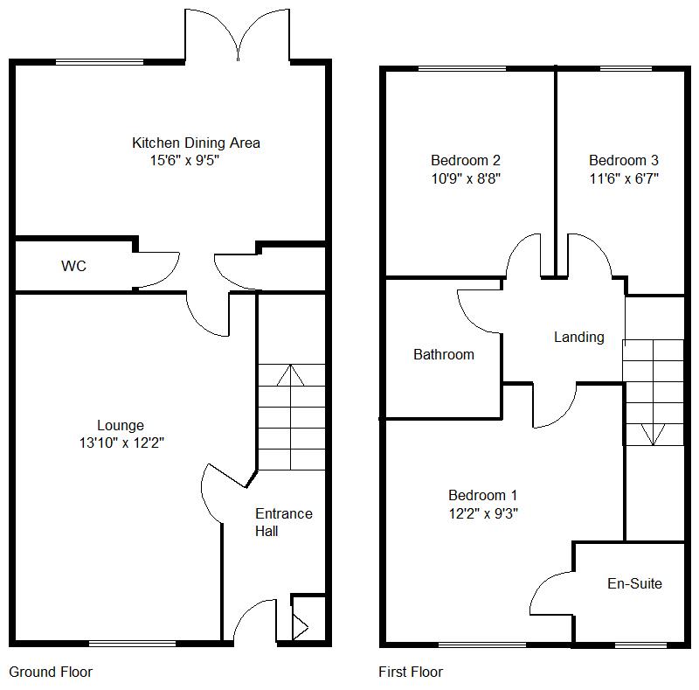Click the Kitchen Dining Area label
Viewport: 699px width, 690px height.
(196, 143)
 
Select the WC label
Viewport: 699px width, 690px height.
(73, 266)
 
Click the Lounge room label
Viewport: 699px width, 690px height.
(121, 426)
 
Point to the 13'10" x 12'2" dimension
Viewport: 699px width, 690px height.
(121, 443)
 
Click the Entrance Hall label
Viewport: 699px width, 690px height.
(282, 522)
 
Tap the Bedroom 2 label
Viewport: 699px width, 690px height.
(465, 160)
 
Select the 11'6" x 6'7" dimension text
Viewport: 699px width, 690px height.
(623, 178)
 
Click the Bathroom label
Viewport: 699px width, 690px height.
(444, 354)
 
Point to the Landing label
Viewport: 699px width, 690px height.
(578, 337)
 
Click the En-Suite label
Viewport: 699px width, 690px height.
(634, 583)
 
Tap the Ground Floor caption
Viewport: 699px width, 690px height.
(51, 672)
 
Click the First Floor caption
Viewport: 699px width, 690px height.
(411, 672)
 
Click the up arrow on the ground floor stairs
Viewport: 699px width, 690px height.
(290, 376)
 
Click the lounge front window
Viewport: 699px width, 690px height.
(132, 645)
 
